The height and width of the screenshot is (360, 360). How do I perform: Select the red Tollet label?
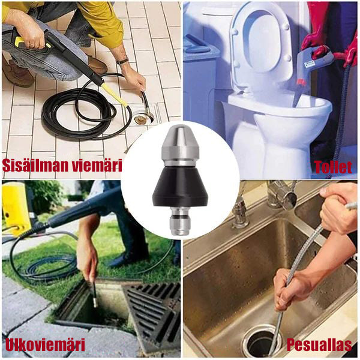(333, 167)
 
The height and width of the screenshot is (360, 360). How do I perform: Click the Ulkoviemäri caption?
(45, 345)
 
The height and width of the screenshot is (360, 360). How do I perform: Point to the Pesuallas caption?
(319, 345)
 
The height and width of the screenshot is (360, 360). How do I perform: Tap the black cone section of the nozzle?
(180, 186)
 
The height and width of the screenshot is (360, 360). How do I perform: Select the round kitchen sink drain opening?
(262, 343)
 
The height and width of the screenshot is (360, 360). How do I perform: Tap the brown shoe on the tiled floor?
(97, 65)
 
